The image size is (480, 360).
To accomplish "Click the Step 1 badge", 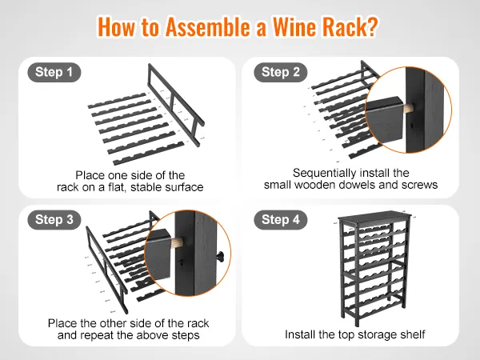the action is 54,72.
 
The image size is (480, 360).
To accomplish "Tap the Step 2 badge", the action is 281,72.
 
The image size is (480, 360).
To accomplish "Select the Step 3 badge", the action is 54,220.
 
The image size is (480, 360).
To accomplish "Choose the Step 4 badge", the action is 281,220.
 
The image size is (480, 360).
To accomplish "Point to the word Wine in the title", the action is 294,26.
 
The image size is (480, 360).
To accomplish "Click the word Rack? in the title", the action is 351,26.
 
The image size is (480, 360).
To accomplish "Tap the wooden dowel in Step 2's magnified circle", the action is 407,108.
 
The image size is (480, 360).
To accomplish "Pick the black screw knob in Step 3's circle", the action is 220,257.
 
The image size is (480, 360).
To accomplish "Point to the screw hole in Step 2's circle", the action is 412,126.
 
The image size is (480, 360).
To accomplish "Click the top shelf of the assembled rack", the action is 373,217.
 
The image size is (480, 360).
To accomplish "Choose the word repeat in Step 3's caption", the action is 98,335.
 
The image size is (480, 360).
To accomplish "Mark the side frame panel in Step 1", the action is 176,104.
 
